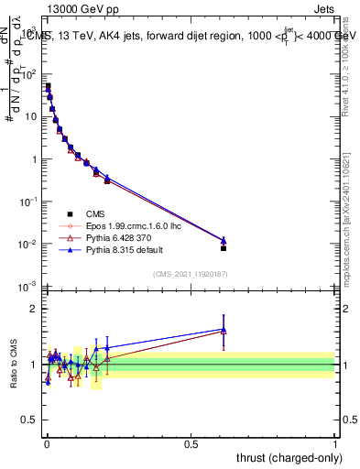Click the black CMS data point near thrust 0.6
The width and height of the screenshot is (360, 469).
[x=224, y=248]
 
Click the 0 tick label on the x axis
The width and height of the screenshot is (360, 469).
[x=47, y=444]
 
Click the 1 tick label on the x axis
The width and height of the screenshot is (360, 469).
[x=334, y=444]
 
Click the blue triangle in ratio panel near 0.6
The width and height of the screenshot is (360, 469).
[x=224, y=329]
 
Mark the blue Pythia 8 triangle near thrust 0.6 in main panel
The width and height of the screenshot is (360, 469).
[x=224, y=240]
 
